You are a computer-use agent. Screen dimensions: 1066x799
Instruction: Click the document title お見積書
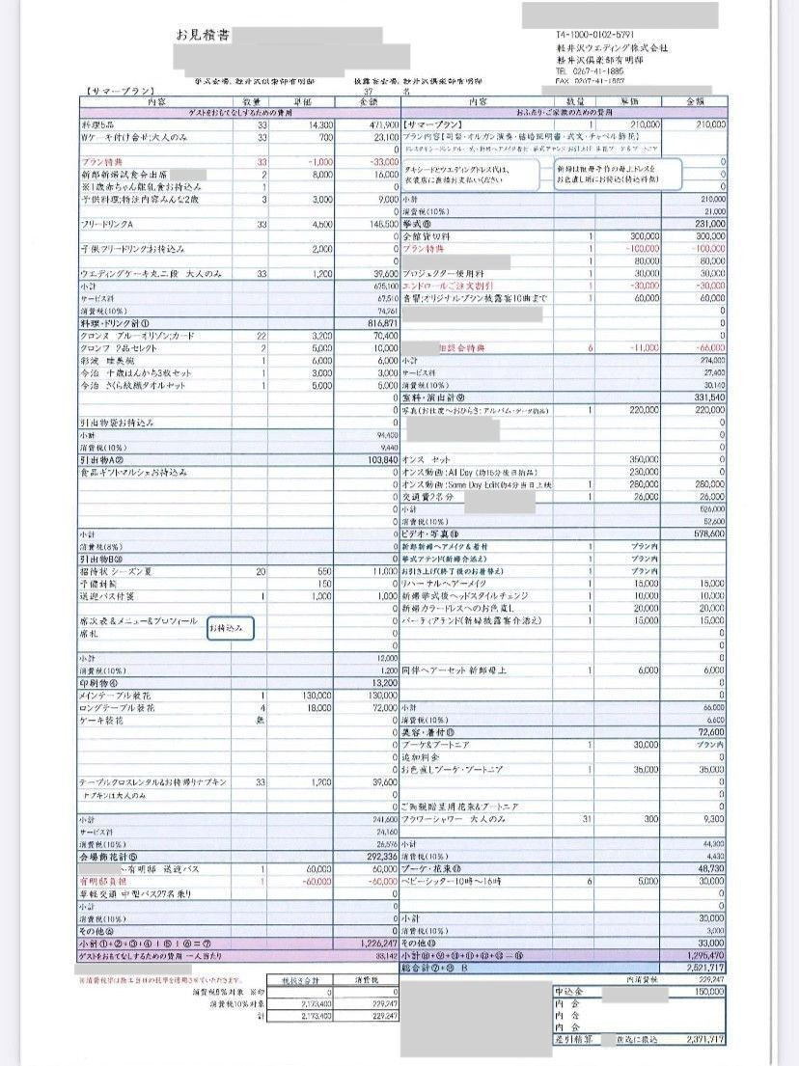[203, 36]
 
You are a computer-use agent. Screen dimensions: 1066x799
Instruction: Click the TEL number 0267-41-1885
[589, 71]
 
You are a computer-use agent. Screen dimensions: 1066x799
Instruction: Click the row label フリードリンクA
[112, 224]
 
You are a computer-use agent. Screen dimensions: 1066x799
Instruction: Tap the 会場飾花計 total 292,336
[379, 854]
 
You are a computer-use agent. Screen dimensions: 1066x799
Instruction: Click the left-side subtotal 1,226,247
[376, 943]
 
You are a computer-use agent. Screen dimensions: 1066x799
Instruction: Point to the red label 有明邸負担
[102, 881]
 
